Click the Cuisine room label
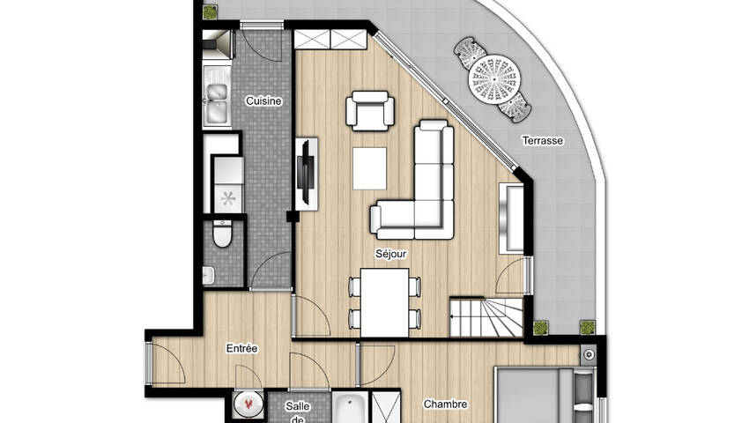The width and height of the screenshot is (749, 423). [263, 101]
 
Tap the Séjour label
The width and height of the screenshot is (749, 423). [390, 254]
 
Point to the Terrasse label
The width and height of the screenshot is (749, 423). [542, 140]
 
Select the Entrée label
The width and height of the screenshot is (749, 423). [241, 348]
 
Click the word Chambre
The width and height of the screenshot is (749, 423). [445, 404]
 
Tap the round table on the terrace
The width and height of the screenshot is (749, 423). [493, 78]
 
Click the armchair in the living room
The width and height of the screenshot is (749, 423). [370, 110]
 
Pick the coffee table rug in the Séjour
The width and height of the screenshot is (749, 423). [369, 168]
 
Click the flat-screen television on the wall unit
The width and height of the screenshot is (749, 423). [305, 172]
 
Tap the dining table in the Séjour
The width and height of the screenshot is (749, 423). [384, 302]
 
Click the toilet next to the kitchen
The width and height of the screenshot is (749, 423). [222, 234]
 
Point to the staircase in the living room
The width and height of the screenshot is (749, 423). [486, 317]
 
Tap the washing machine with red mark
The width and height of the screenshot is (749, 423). [248, 405]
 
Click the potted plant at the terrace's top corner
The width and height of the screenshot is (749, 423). [209, 12]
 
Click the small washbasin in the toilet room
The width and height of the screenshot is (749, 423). [208, 275]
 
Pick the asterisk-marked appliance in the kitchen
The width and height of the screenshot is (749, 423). [228, 198]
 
